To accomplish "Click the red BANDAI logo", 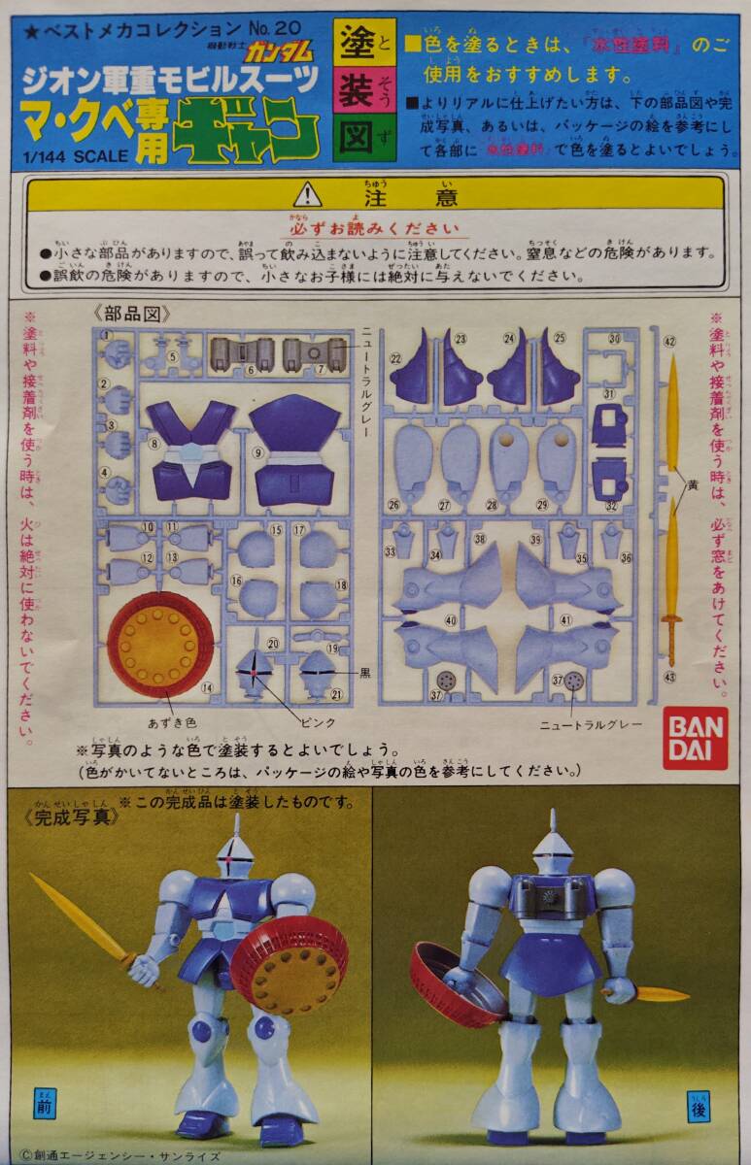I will (x=695, y=738).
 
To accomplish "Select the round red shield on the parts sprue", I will (x=159, y=643).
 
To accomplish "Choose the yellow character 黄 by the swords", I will (x=692, y=485).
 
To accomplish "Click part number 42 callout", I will (x=669, y=341).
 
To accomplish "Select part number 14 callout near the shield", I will (x=207, y=687).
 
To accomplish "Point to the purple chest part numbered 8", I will (x=190, y=447).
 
